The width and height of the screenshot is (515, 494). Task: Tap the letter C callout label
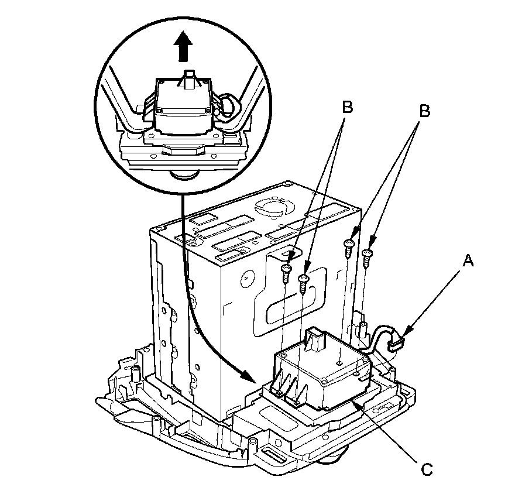[x=427, y=468]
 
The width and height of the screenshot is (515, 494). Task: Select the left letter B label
[x=347, y=108]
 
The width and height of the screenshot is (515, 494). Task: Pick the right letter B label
[x=425, y=111]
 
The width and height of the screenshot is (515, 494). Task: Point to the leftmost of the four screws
[x=286, y=270]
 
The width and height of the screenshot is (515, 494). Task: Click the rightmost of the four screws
[x=368, y=255]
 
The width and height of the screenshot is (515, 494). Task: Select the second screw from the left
[x=303, y=280]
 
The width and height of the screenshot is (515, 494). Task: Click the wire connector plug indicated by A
[x=396, y=344]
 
